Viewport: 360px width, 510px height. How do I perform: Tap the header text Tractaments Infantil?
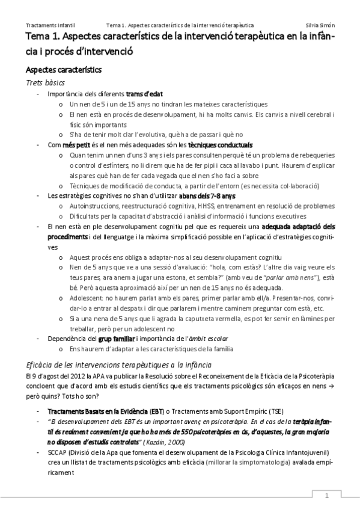click(50, 26)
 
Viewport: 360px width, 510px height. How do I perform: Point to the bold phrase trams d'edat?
click(144, 94)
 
